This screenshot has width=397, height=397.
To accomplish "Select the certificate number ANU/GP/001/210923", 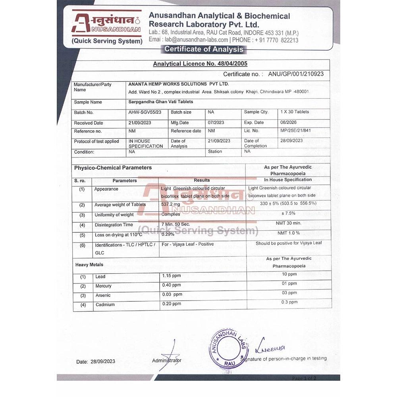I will click(296, 74).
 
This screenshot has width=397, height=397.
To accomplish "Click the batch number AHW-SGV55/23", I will click(145, 112).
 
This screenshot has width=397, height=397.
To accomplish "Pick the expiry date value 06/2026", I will click(289, 123).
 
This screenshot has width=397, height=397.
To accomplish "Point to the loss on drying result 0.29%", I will click(168, 234).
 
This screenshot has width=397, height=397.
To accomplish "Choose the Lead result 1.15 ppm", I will click(171, 276).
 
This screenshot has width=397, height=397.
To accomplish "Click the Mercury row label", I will click(103, 286).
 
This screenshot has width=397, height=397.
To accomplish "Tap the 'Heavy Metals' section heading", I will click(89, 264).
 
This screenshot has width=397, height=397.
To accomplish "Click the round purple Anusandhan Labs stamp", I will click(229, 349).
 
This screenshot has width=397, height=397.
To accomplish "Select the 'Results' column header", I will click(202, 180).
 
